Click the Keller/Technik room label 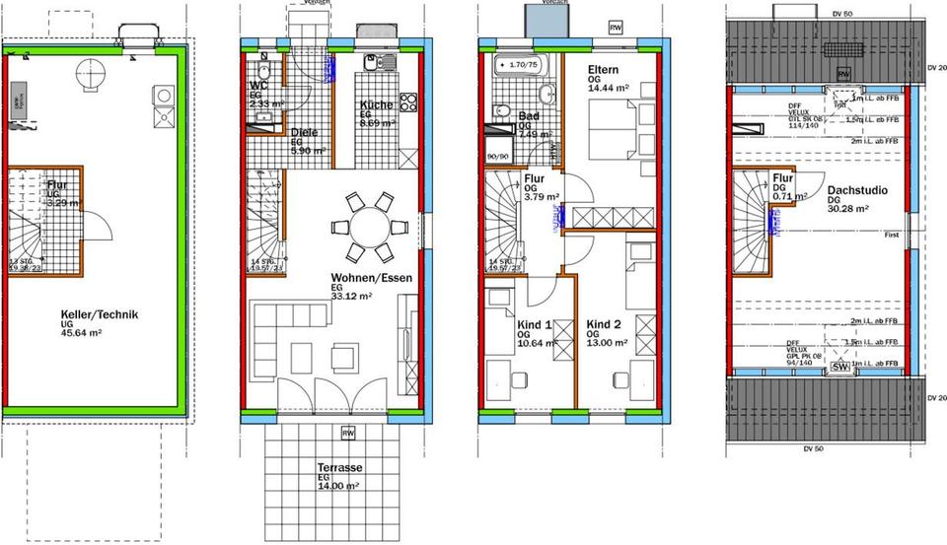tap(97, 314)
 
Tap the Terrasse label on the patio tap(337, 467)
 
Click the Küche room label tap(377, 105)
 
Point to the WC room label tap(259, 86)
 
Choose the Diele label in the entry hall tap(304, 133)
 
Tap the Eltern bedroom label tap(603, 71)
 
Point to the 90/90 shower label tap(497, 156)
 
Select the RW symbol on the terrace tap(346, 433)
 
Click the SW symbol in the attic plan tap(840, 367)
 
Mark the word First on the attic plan tap(891, 236)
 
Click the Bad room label tap(528, 116)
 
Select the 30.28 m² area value tap(846, 209)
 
